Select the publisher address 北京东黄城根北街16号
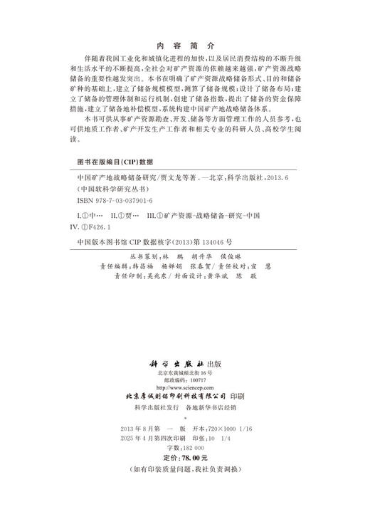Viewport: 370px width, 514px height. pyautogui.click(x=185, y=373)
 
